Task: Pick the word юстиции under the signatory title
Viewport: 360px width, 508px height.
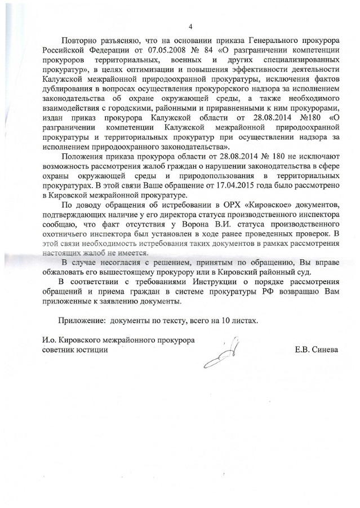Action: click(91, 350)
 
